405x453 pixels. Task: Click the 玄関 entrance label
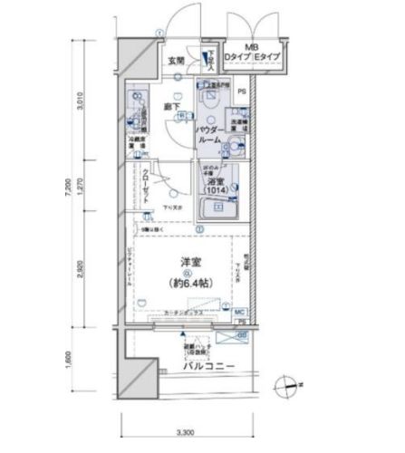click(x=175, y=62)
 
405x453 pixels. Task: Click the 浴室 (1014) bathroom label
click(x=217, y=183)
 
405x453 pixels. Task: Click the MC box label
click(x=239, y=311)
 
